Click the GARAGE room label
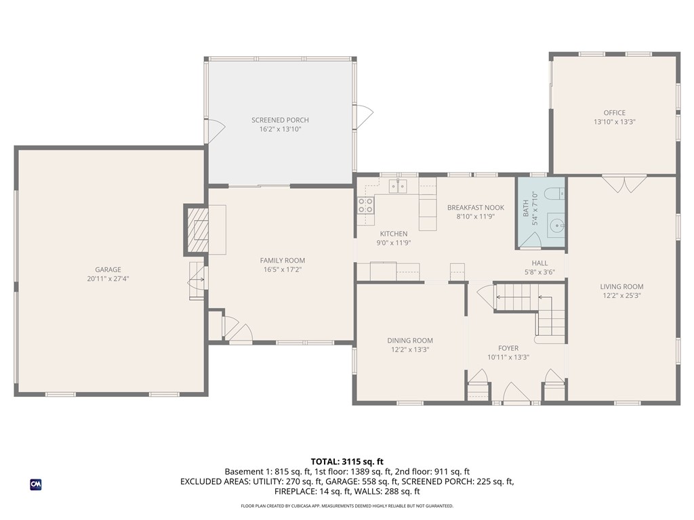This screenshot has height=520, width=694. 108,269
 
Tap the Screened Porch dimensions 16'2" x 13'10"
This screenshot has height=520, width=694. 280,129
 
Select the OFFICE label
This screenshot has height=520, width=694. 614,113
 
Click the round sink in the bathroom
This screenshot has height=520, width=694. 556,225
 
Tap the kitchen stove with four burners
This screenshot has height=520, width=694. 366,205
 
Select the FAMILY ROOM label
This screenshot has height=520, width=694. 282,260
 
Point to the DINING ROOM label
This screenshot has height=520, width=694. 410,341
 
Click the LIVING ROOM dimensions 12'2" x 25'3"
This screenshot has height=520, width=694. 621,295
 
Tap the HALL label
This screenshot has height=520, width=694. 539,263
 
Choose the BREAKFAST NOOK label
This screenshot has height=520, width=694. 475,208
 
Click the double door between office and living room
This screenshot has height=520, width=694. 625,183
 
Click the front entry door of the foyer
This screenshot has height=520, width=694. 516,395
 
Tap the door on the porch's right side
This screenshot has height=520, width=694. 363,116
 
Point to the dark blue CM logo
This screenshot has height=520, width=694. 36,484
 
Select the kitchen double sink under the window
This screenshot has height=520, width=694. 397,186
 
